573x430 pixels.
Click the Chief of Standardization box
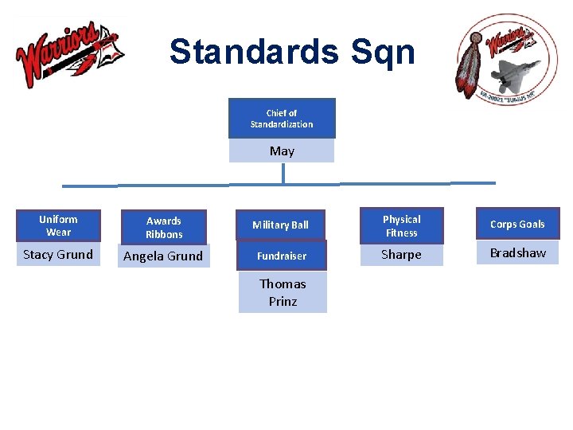(x=282, y=118)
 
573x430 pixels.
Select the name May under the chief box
(x=282, y=150)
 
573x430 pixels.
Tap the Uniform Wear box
(x=58, y=225)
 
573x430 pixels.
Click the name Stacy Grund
(x=58, y=255)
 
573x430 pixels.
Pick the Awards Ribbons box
(x=164, y=227)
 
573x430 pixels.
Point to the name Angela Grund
(x=163, y=256)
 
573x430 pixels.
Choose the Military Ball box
(x=280, y=225)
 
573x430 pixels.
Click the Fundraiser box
(x=281, y=256)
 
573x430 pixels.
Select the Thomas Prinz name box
(x=283, y=292)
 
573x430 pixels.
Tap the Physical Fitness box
(x=401, y=225)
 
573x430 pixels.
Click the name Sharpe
(x=401, y=255)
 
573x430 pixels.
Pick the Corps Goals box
(x=517, y=225)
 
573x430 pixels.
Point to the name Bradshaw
(x=518, y=253)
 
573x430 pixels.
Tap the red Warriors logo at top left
(x=68, y=53)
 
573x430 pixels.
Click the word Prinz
(x=283, y=302)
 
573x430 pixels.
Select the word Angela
(x=144, y=256)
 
